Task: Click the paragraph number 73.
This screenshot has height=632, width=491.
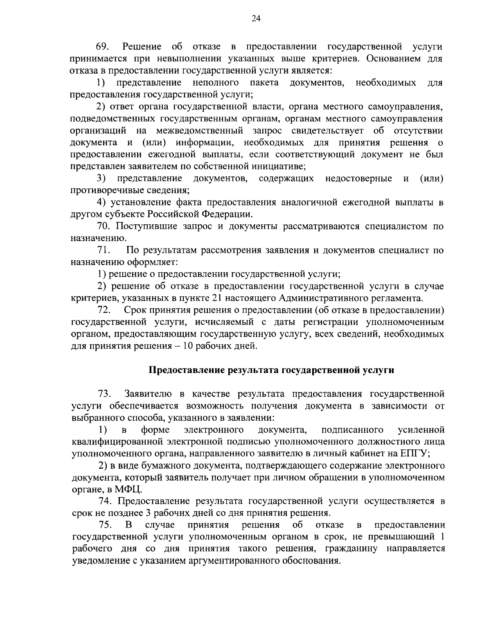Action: click(x=105, y=394)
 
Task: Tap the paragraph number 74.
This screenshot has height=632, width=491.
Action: click(x=106, y=501)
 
